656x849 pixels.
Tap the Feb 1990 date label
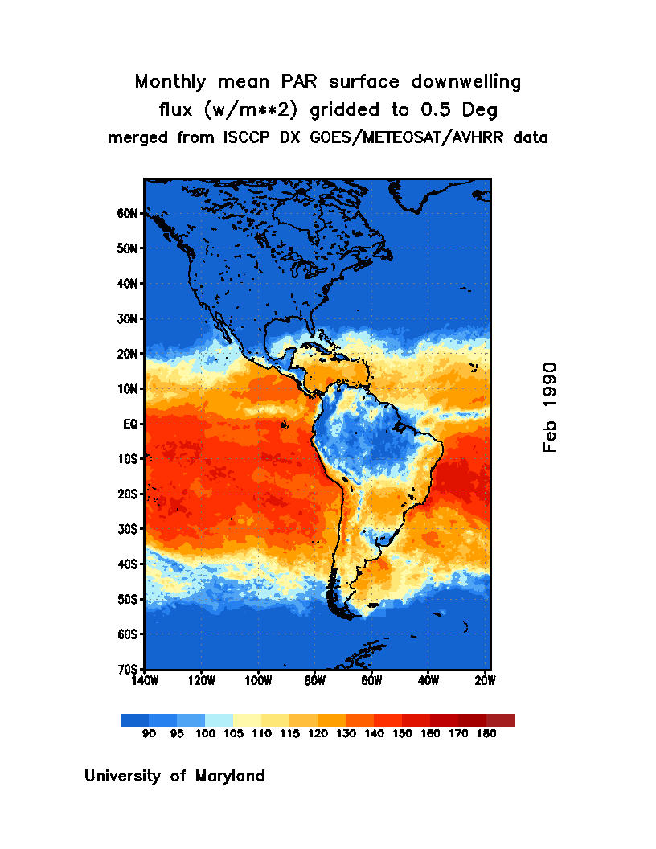point(550,407)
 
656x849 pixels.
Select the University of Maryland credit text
point(174,777)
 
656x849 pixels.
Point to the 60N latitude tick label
point(129,214)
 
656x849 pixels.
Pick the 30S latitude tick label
point(129,529)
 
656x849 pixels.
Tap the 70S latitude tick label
point(129,669)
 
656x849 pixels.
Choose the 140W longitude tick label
point(145,681)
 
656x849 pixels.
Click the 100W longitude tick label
point(258,681)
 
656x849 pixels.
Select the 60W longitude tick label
point(371,681)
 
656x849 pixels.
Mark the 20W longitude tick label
point(485,681)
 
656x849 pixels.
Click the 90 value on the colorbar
point(149,734)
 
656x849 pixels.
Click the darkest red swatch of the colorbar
point(500,720)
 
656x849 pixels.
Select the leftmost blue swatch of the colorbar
point(134,720)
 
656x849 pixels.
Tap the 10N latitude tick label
point(129,389)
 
